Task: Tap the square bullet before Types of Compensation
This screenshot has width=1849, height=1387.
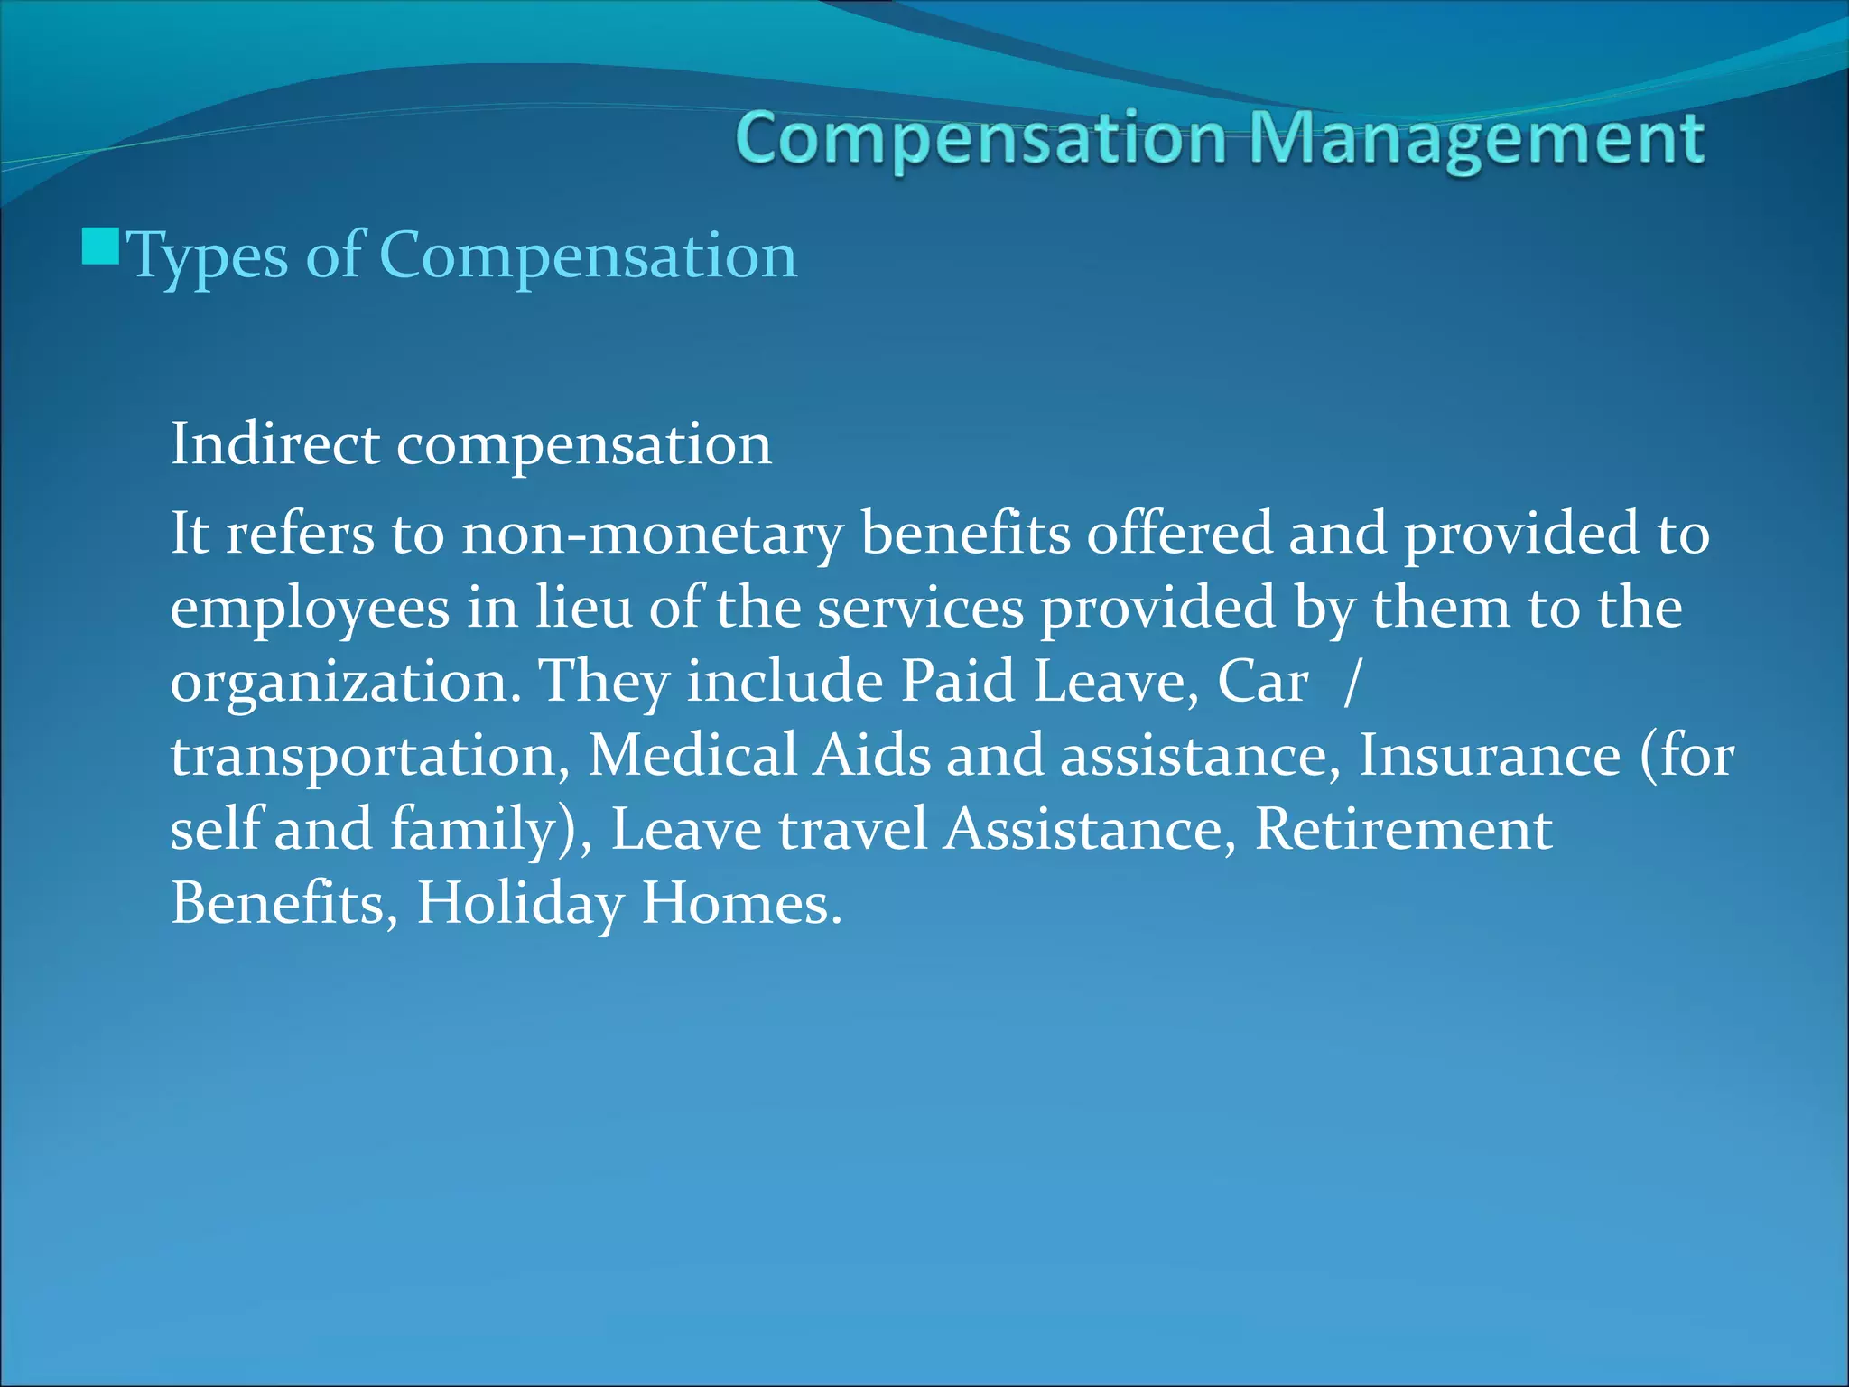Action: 100,246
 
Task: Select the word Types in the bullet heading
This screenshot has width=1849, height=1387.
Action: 208,256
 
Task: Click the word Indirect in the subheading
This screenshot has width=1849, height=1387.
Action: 274,444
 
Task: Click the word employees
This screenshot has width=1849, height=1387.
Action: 310,609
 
